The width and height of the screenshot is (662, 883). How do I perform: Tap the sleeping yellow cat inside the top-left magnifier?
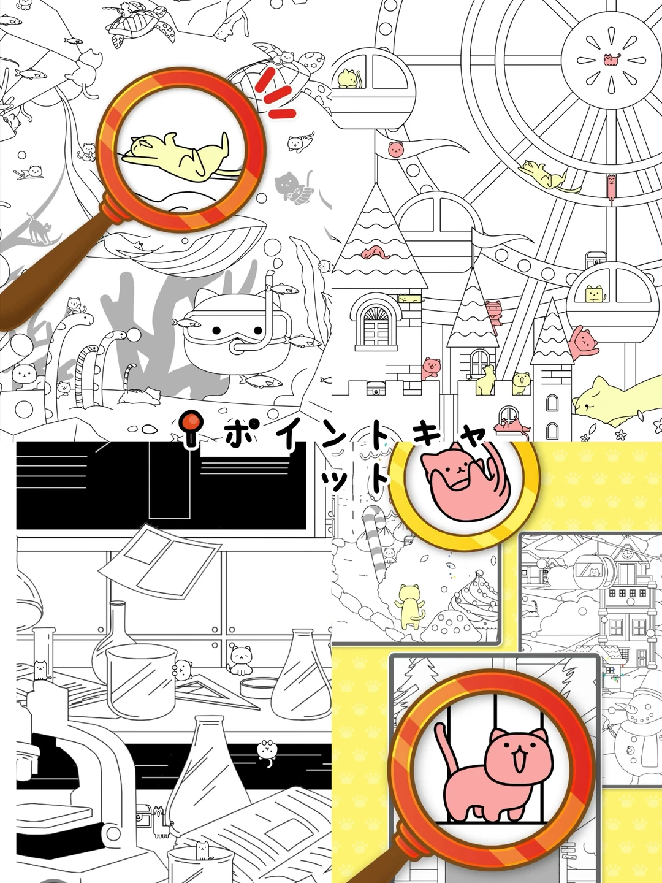pyautogui.click(x=178, y=155)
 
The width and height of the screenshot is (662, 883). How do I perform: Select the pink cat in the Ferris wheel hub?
pyautogui.click(x=611, y=59)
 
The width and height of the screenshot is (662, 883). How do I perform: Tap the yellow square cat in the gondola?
pyautogui.click(x=595, y=294)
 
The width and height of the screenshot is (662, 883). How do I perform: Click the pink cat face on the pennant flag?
pyautogui.click(x=395, y=150)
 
